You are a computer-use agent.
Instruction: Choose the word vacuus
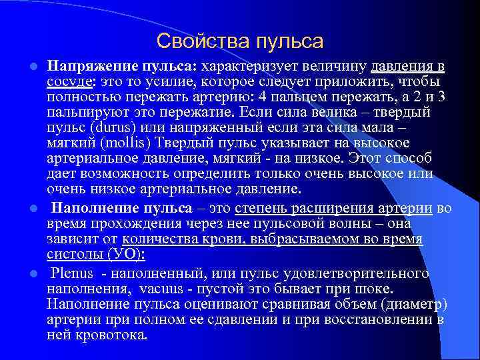tap(165, 289)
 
